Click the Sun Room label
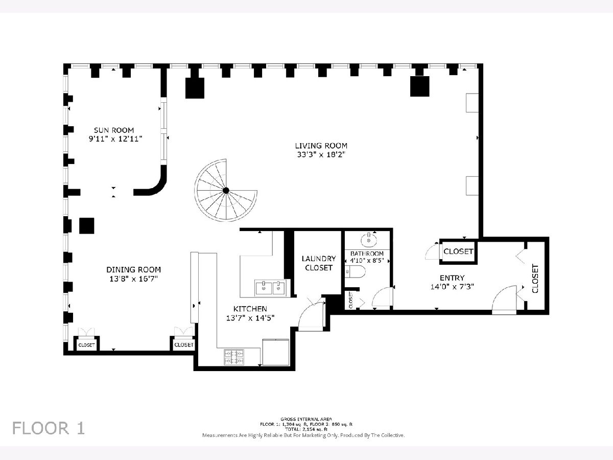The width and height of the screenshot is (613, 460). [114, 130]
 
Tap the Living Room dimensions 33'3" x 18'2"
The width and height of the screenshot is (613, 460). [321, 154]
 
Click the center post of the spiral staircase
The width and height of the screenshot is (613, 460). [226, 191]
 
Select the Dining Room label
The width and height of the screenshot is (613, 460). [133, 270]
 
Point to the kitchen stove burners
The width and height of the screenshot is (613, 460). [234, 357]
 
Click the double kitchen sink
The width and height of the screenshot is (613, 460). [270, 288]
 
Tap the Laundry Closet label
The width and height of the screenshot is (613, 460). [319, 263]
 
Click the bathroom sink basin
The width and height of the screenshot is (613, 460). [369, 240]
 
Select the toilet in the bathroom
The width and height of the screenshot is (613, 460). [355, 271]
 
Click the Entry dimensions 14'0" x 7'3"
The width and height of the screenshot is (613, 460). [452, 287]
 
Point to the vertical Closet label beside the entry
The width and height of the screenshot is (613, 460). [535, 279]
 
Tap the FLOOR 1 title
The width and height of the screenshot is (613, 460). [49, 428]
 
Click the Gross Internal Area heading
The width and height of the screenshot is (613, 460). [306, 419]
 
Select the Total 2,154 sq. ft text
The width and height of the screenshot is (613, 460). [306, 429]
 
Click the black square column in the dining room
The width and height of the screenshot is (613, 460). [86, 226]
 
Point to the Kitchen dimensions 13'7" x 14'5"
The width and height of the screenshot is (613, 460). [250, 318]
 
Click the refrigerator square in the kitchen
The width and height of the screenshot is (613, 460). [276, 352]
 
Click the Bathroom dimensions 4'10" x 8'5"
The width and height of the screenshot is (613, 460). [367, 261]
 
